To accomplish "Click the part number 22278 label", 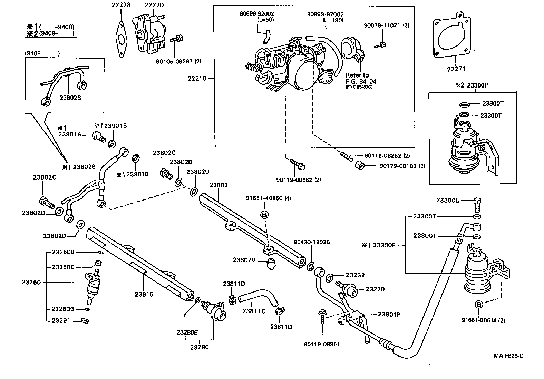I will click(121, 5).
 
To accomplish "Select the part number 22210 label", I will click(197, 78).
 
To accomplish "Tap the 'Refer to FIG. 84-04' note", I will click(361, 79).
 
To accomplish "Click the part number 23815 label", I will click(144, 294).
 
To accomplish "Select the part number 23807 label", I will click(218, 185).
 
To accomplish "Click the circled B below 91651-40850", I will click(264, 215).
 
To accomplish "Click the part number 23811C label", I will click(254, 311).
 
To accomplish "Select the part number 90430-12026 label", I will click(311, 242).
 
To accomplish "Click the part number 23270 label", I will click(375, 289).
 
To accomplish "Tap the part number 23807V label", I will click(244, 260).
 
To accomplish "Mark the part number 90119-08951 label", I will click(322, 344).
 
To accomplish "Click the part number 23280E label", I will click(187, 332).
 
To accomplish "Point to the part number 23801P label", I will click(389, 314).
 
